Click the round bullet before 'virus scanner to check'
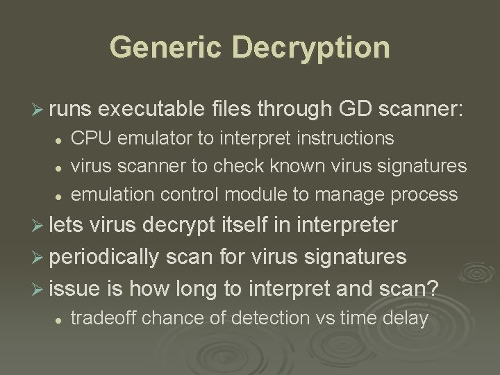(61, 167)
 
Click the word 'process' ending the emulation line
(425, 194)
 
